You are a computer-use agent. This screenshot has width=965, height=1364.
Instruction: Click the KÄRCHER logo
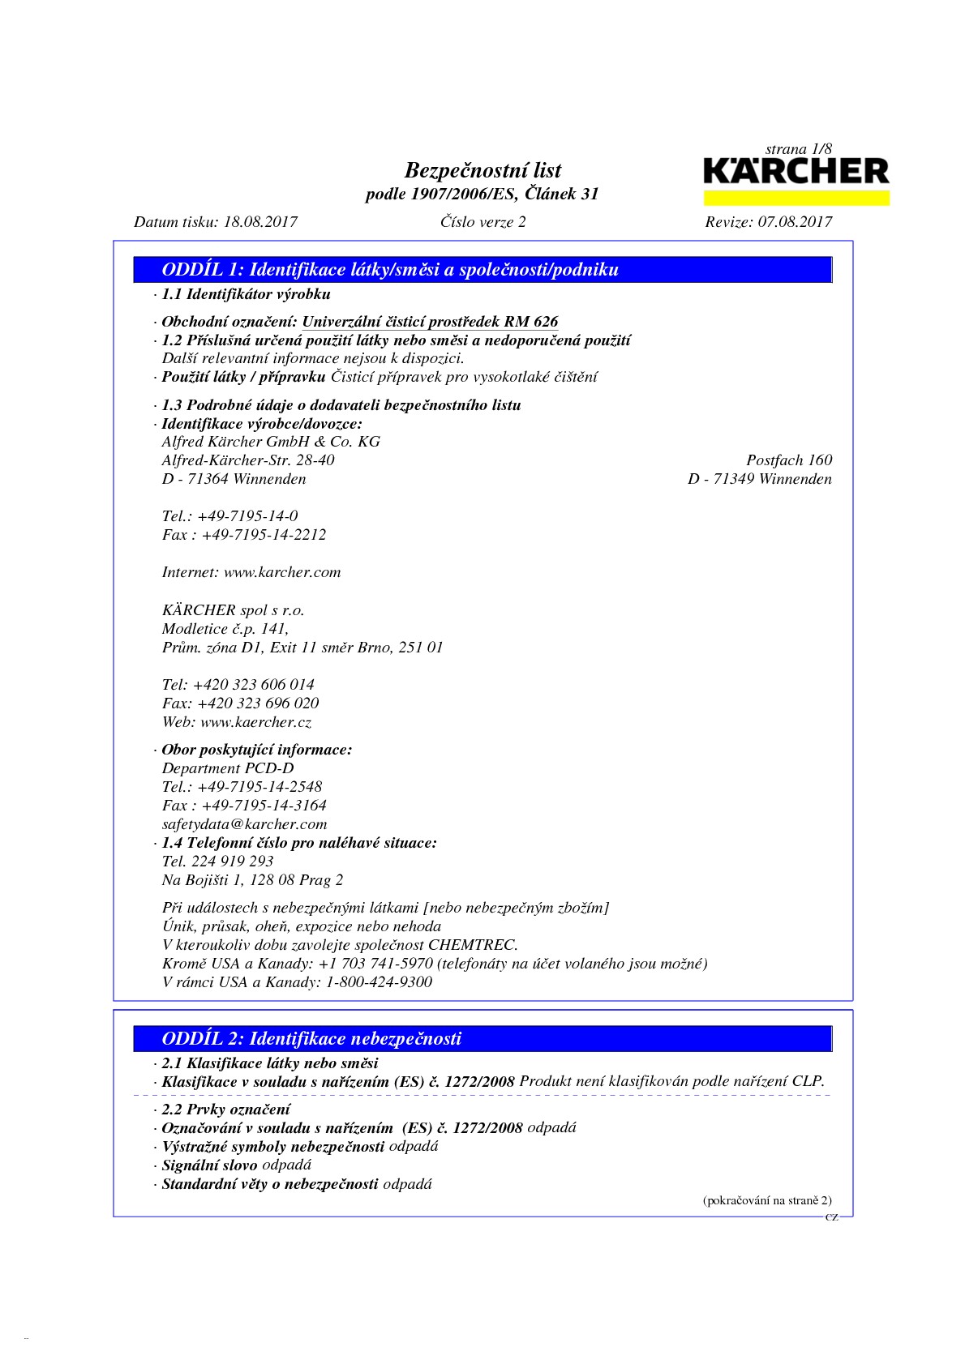coord(796,173)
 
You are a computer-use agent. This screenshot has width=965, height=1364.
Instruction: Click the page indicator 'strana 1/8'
coord(798,149)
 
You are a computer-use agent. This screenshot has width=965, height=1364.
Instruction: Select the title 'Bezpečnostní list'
coord(482,170)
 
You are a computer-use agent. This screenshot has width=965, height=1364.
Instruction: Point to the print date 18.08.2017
coord(260,222)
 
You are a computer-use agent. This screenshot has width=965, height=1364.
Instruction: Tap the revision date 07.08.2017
coord(795,222)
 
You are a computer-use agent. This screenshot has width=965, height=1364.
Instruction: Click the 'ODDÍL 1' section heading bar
coord(483,270)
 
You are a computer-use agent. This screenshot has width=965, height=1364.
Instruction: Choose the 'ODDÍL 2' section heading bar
coord(483,1039)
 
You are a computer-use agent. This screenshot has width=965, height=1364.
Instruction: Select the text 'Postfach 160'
coord(788,460)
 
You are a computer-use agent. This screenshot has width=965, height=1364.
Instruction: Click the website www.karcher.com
coord(282,572)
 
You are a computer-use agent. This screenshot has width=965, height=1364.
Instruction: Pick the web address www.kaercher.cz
coord(255,722)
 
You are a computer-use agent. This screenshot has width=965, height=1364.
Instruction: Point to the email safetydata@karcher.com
coord(244,824)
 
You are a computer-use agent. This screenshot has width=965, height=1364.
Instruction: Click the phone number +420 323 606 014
coord(254,685)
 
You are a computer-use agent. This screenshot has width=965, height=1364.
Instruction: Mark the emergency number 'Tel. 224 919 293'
coord(217,862)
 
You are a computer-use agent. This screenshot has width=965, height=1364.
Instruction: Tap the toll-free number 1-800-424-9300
coord(379,982)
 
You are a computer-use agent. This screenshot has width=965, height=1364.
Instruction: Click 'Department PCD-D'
coord(228,768)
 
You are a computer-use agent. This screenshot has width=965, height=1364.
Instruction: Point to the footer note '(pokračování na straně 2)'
coord(766,1201)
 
